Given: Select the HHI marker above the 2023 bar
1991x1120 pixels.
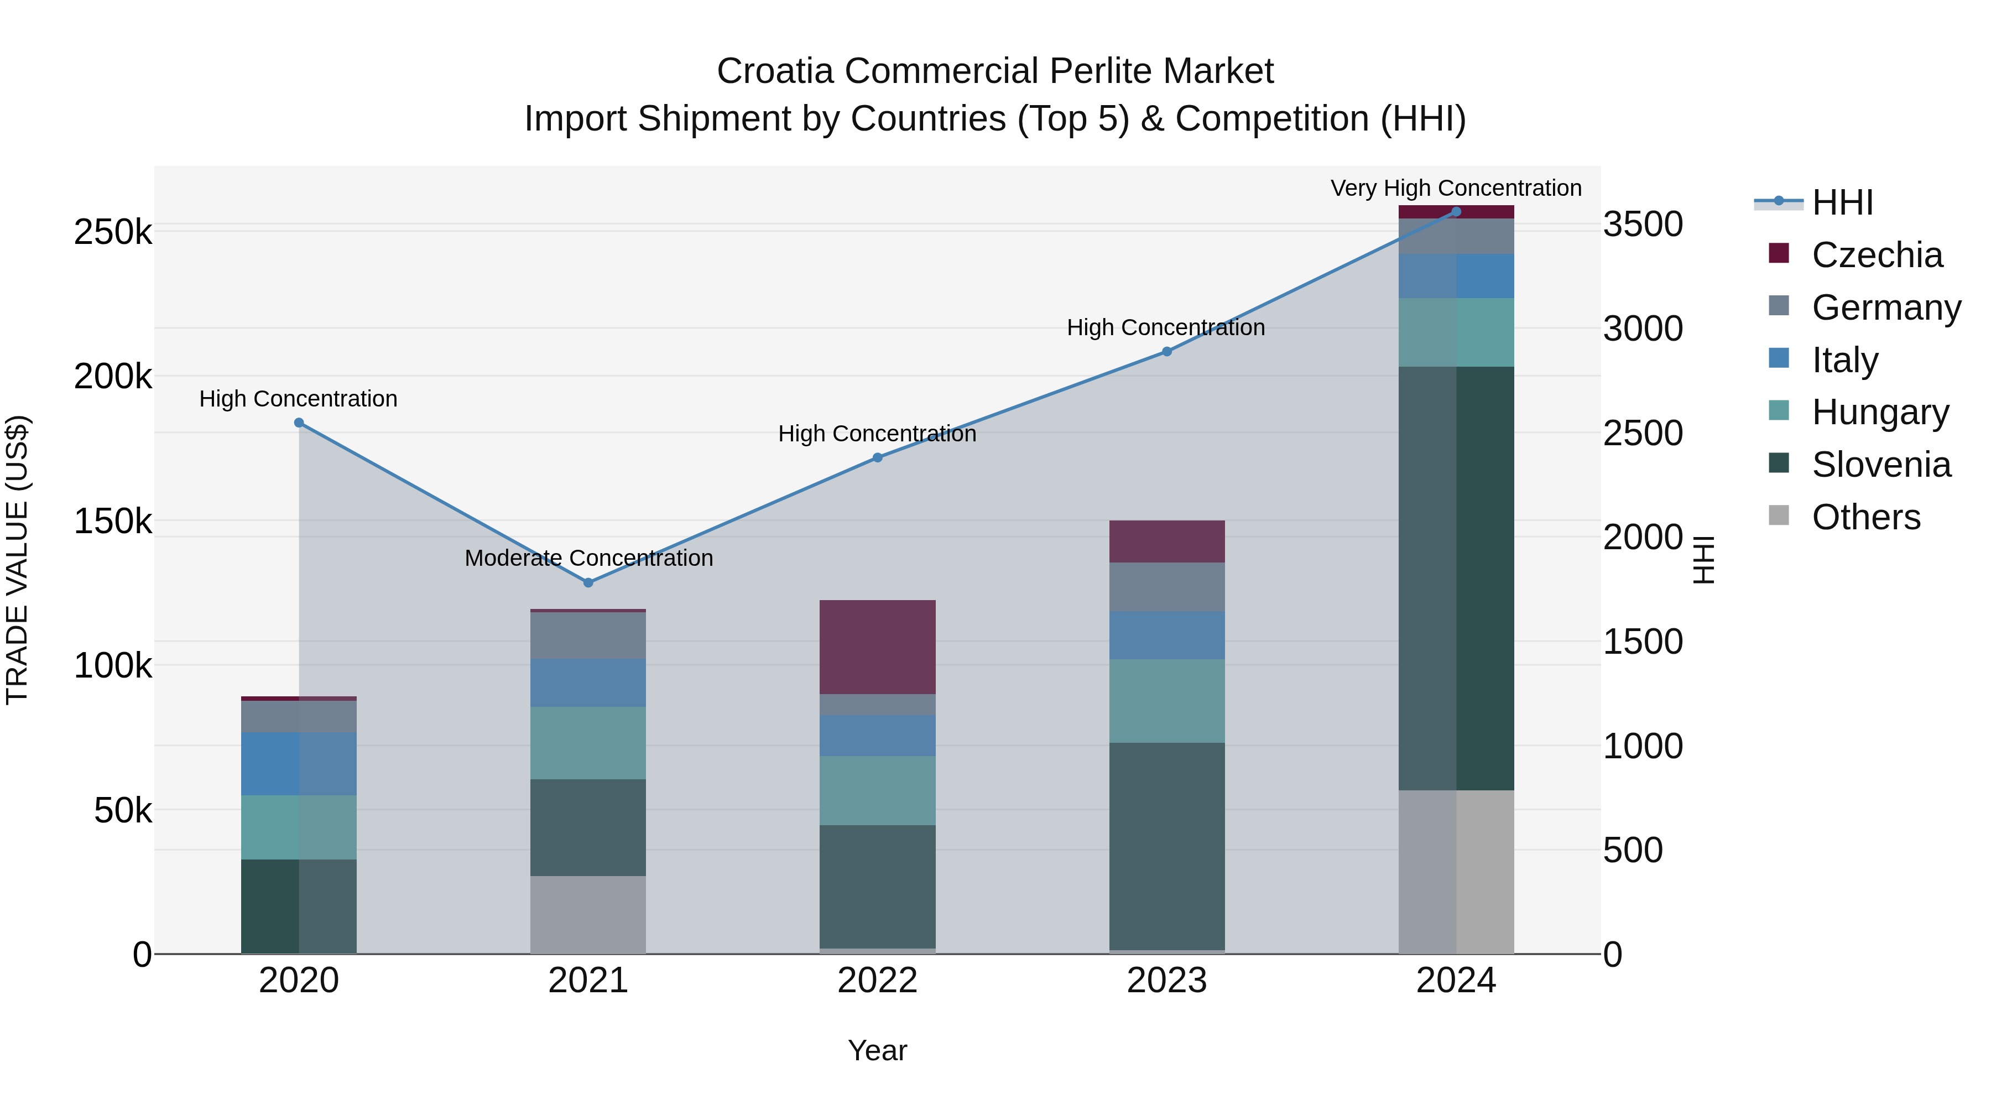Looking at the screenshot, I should (x=1167, y=352).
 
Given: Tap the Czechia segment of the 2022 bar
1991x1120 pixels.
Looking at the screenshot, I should (x=877, y=647).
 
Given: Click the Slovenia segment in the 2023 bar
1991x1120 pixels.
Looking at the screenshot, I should (x=1167, y=846).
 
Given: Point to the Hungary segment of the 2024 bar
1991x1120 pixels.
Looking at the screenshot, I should (x=1456, y=332).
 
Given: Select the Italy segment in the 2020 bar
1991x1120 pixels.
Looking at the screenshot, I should (x=299, y=764).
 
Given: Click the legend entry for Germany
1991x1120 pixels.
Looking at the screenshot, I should (x=1886, y=308).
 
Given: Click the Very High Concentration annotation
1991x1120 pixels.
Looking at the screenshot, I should (x=1456, y=188).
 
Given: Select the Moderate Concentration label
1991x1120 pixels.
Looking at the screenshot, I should (x=588, y=558).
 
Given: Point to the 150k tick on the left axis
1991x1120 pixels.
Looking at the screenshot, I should (x=113, y=522).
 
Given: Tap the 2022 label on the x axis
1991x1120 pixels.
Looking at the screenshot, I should (x=877, y=981).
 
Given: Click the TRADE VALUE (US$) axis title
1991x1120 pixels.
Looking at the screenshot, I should (x=17, y=560).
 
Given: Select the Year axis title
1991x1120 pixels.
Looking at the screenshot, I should (x=877, y=1050).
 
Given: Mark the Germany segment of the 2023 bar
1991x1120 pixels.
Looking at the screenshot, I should (x=1167, y=587).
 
